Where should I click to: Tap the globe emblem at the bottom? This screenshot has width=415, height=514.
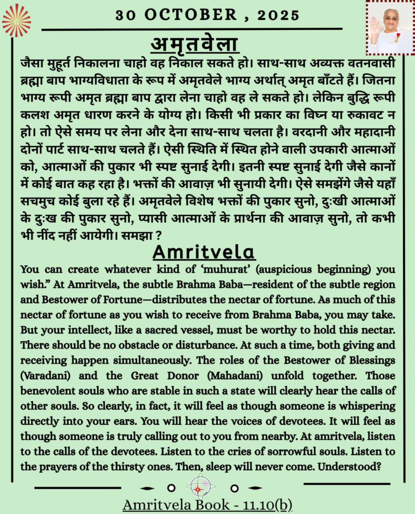click(201, 487)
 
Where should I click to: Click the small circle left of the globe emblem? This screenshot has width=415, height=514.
click(171, 488)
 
